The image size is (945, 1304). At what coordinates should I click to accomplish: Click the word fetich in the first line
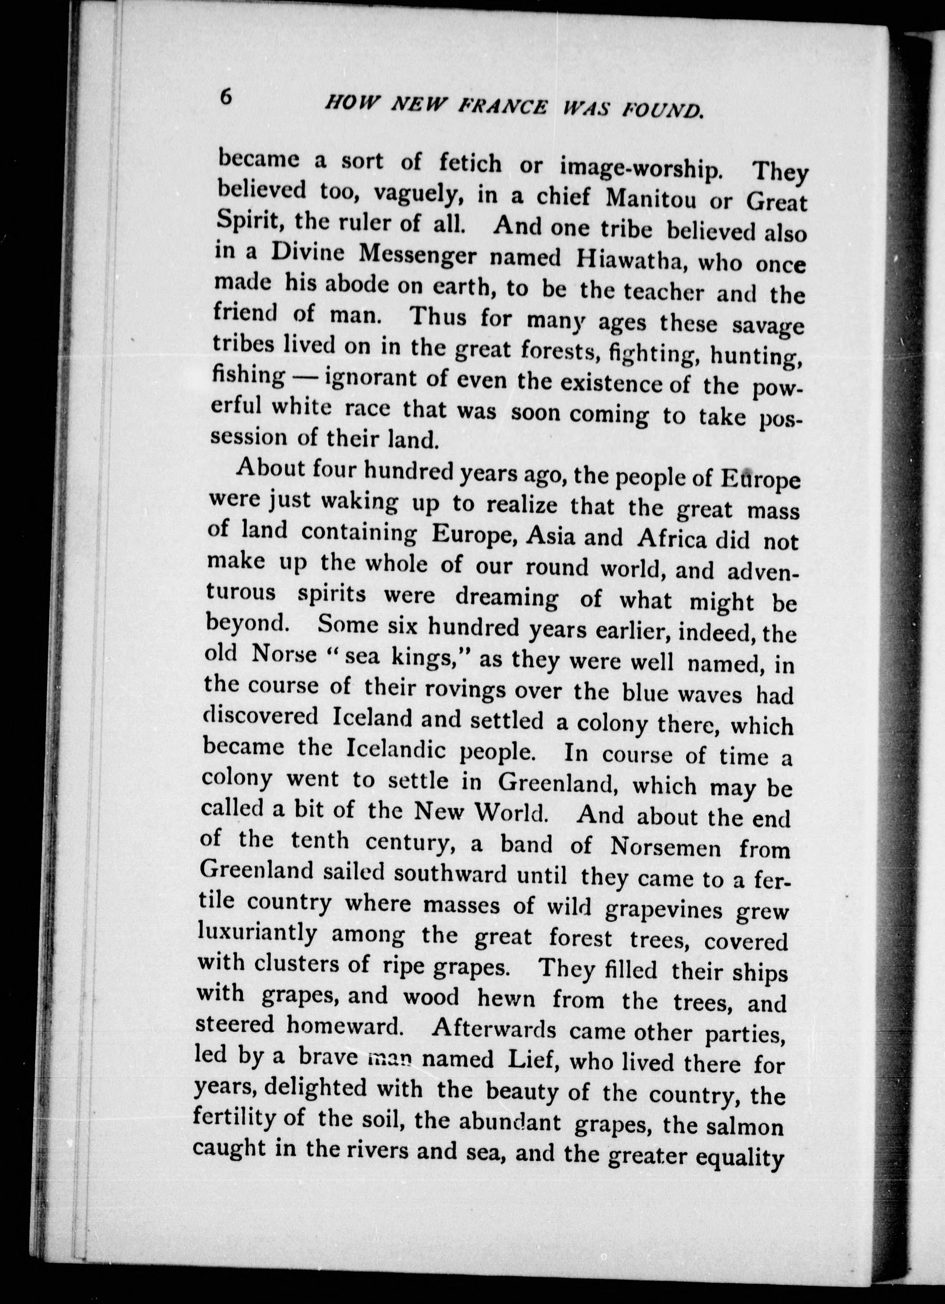click(x=469, y=163)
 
